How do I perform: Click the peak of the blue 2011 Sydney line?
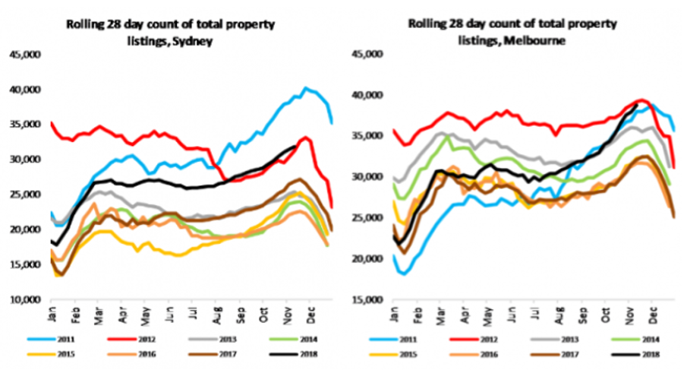305,88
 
